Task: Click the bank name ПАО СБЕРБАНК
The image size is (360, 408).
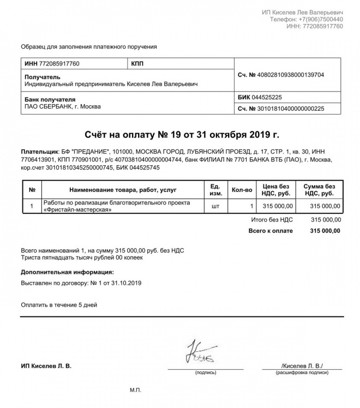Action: pos(48,106)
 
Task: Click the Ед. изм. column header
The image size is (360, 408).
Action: pos(215,190)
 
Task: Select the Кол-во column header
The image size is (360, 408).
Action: pos(242,190)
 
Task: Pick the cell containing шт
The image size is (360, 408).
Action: pos(215,206)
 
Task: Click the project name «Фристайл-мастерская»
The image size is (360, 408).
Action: pos(74,209)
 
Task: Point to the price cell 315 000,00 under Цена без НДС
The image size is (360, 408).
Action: pos(278,206)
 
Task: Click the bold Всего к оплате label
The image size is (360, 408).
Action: pos(271,231)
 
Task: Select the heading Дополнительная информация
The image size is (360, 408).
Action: pos(67,272)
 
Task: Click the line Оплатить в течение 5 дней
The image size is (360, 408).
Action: pos(59,304)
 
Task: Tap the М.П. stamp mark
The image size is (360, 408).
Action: pos(135,391)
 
